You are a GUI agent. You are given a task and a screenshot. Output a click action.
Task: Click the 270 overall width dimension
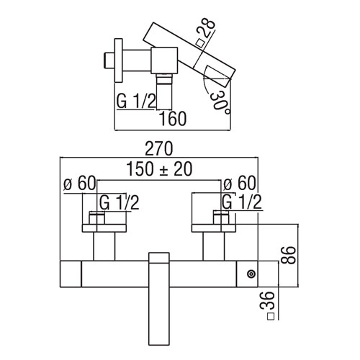click(159, 148)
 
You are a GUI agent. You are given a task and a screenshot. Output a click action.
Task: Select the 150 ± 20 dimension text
click(159, 168)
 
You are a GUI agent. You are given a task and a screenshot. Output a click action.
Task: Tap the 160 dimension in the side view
click(173, 119)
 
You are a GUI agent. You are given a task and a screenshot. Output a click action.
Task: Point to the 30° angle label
click(219, 104)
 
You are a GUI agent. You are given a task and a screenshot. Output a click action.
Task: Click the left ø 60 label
click(79, 184)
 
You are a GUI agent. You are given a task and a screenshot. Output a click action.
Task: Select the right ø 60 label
click(239, 184)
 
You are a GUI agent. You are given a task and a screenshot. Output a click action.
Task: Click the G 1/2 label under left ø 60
click(120, 203)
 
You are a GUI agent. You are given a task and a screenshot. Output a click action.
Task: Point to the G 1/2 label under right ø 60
click(242, 202)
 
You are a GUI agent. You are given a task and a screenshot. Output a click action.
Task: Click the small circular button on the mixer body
click(251, 274)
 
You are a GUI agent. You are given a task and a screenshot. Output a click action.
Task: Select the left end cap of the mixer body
click(71, 274)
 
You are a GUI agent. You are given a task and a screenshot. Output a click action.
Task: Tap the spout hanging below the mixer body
click(159, 299)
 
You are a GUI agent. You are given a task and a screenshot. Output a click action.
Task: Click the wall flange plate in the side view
click(119, 60)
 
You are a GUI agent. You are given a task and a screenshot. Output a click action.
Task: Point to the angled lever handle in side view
click(189, 55)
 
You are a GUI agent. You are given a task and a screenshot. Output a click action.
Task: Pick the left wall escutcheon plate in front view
click(104, 228)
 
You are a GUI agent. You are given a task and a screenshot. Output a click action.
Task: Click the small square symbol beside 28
click(200, 43)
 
